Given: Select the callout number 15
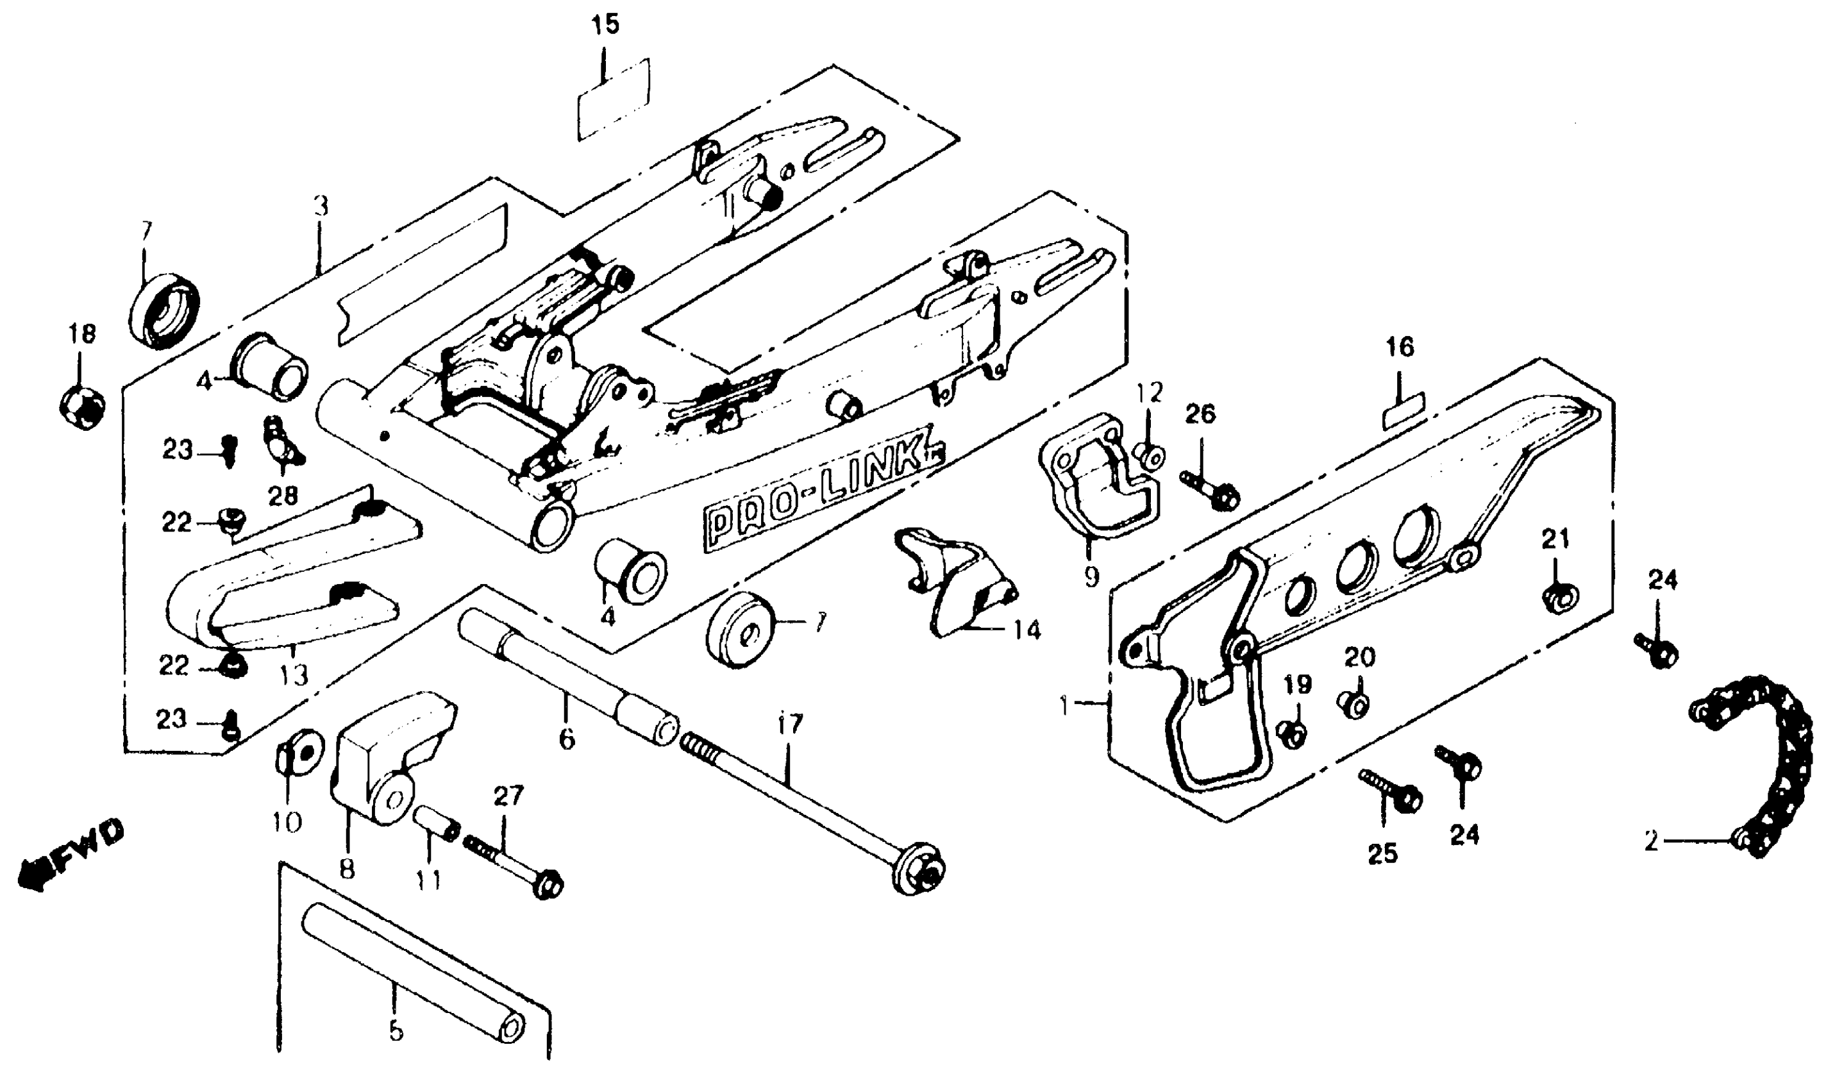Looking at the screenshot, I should (605, 24).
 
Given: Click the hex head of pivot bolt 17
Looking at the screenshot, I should (919, 869).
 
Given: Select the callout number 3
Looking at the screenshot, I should (321, 206).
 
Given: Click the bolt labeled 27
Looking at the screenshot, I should (514, 868).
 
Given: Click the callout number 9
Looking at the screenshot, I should (1092, 576).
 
